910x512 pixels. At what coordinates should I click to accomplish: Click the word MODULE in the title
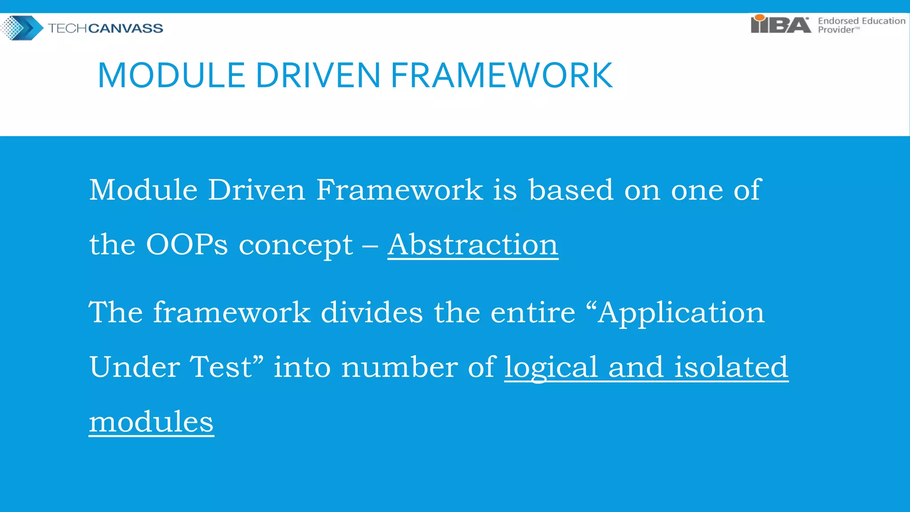(171, 76)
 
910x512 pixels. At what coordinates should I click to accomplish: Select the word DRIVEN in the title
(318, 76)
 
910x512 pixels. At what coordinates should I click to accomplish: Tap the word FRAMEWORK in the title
(502, 76)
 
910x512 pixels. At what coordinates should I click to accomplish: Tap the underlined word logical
(551, 368)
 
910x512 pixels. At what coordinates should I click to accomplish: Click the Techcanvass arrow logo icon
(22, 28)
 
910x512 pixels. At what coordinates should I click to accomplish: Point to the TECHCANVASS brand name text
(105, 28)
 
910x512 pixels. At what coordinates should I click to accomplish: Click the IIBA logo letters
(780, 24)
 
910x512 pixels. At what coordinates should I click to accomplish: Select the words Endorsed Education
(861, 21)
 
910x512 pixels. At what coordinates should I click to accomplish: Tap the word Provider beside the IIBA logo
(836, 30)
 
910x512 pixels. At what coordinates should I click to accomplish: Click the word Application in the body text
(681, 313)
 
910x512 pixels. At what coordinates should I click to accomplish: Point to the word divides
(371, 312)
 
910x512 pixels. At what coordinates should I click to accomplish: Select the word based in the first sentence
(571, 190)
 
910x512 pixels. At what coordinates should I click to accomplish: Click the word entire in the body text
(533, 312)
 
